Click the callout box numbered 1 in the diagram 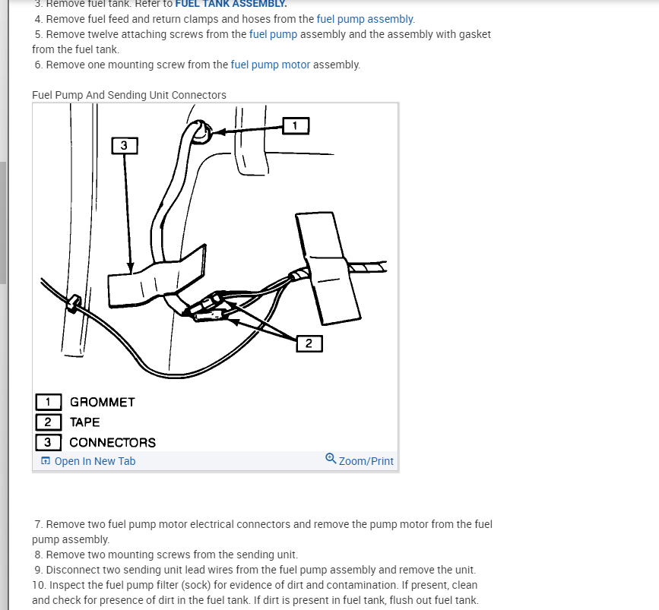pyautogui.click(x=296, y=125)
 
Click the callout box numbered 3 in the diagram pyautogui.click(x=125, y=144)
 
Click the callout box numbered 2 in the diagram pyautogui.click(x=309, y=343)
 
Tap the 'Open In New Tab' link pyautogui.click(x=95, y=461)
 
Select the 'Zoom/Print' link pyautogui.click(x=366, y=461)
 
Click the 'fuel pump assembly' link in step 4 pyautogui.click(x=366, y=19)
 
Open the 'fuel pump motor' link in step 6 pyautogui.click(x=271, y=65)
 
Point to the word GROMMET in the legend pyautogui.click(x=102, y=402)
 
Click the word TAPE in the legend pyautogui.click(x=84, y=422)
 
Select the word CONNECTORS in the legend pyautogui.click(x=112, y=442)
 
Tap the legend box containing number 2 pyautogui.click(x=48, y=422)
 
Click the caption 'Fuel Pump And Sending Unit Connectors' pyautogui.click(x=129, y=95)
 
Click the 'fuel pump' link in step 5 pyautogui.click(x=273, y=34)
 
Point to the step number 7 pyautogui.click(x=38, y=524)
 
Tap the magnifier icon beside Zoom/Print pyautogui.click(x=331, y=459)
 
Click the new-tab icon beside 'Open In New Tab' pyautogui.click(x=46, y=461)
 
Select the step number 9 pyautogui.click(x=38, y=570)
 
